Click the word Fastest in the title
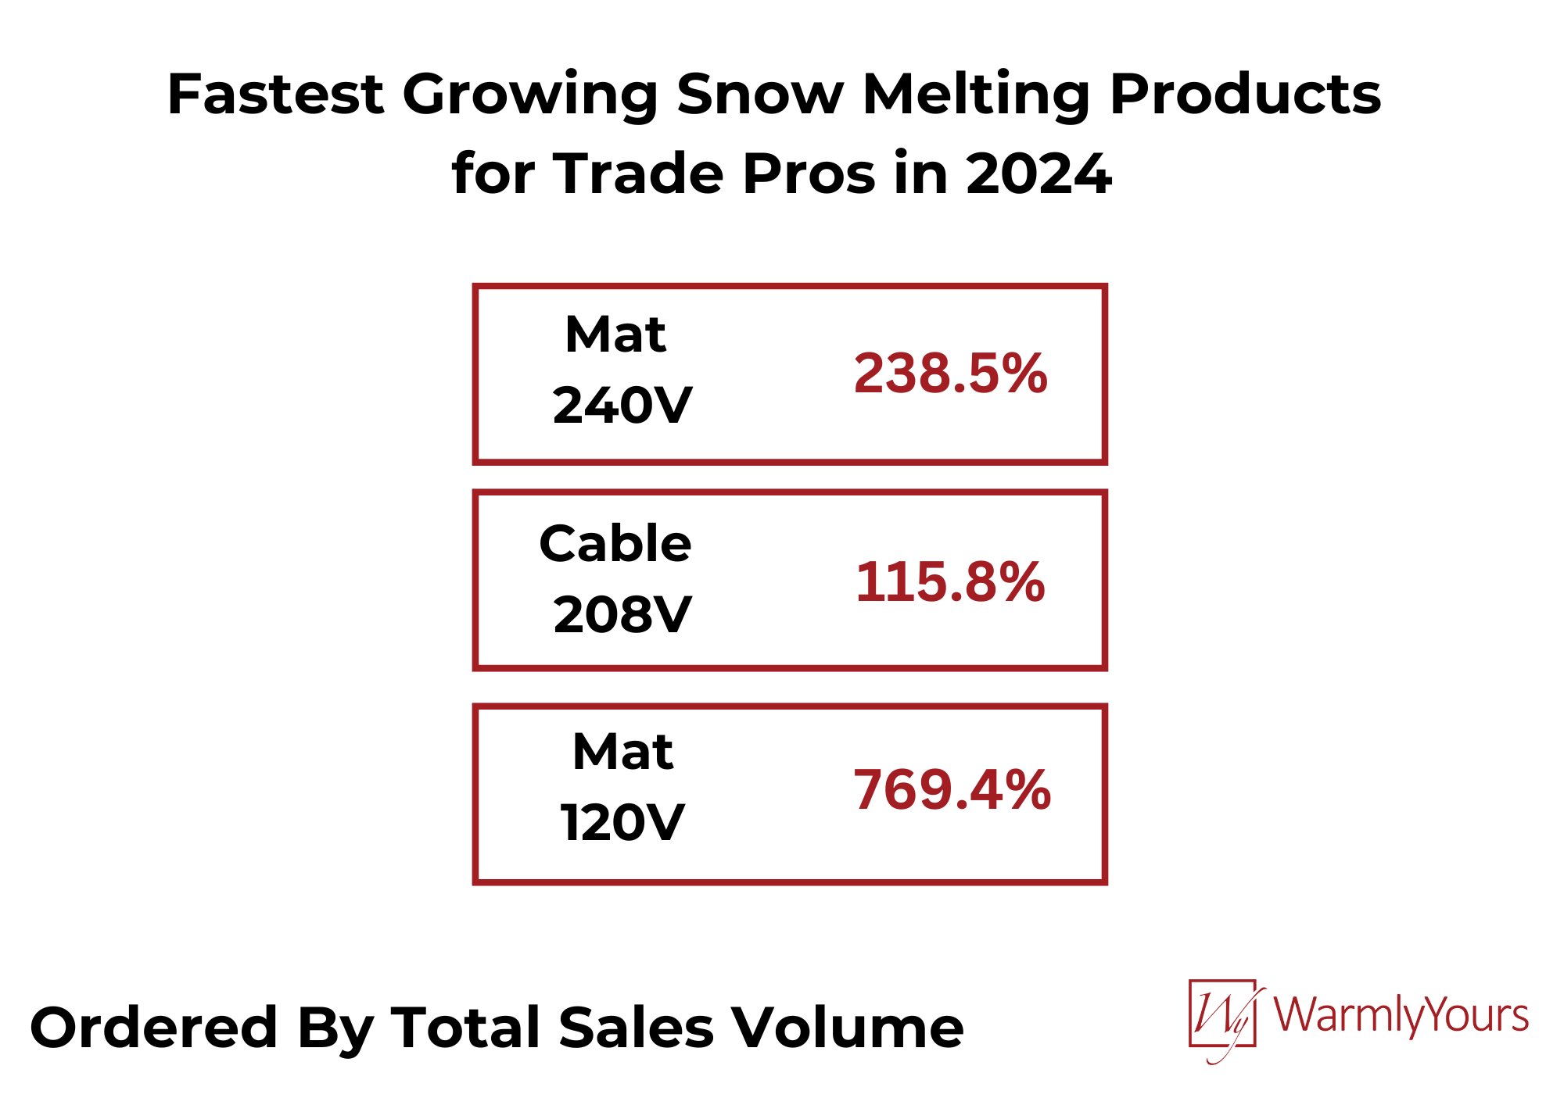274,94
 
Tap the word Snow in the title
759,94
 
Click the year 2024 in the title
1038,173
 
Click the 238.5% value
950,373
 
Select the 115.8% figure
950,582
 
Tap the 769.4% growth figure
952,789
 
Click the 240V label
622,406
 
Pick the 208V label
622,614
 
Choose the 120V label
622,823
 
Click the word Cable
615,543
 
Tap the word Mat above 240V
615,334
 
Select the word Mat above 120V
622,752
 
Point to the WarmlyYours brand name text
1401,1015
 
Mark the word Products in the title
1245,94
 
